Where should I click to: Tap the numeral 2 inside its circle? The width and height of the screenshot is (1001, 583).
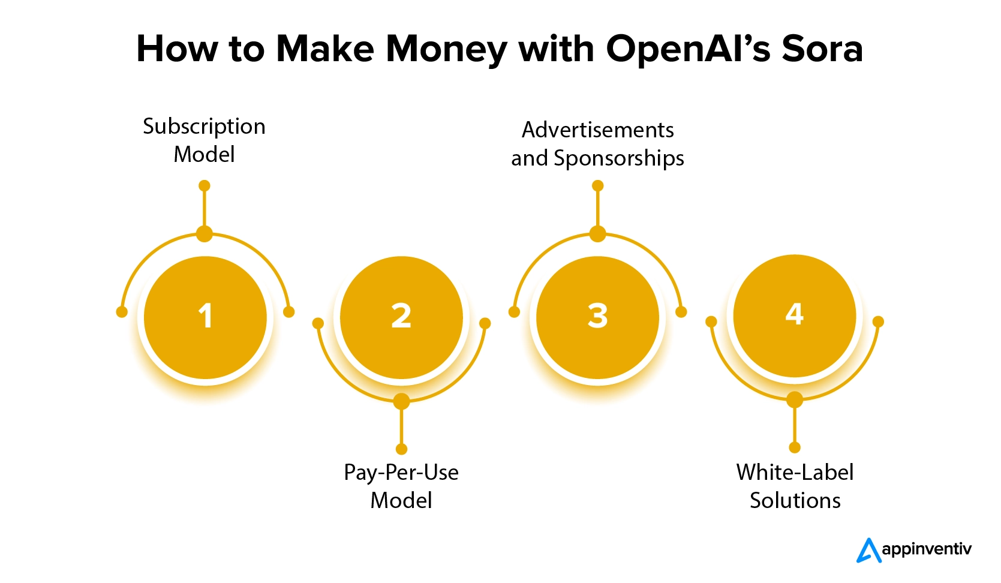click(401, 315)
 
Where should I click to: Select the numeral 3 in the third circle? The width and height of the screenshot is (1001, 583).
click(597, 315)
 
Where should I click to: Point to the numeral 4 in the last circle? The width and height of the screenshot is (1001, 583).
click(795, 314)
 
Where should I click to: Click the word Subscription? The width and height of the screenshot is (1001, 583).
click(204, 127)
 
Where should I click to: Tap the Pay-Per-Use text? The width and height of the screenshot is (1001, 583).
click(401, 473)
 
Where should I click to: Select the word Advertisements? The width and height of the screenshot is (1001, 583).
click(597, 130)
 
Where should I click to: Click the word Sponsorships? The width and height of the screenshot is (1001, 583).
click(619, 159)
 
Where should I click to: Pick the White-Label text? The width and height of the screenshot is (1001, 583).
click(795, 473)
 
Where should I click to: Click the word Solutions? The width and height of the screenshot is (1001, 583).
click(795, 501)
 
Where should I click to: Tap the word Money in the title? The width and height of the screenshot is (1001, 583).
click(446, 49)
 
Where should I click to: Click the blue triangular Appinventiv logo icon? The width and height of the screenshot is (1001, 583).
click(868, 550)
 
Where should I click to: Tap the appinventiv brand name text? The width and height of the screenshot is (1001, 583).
click(927, 549)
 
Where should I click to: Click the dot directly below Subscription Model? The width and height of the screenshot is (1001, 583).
click(205, 186)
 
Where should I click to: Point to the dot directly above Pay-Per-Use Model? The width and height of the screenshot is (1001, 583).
click(402, 449)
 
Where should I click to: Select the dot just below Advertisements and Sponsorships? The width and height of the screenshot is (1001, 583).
click(597, 186)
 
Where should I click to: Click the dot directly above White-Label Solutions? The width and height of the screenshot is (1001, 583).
click(795, 447)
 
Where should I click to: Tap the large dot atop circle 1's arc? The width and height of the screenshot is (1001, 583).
click(205, 234)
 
